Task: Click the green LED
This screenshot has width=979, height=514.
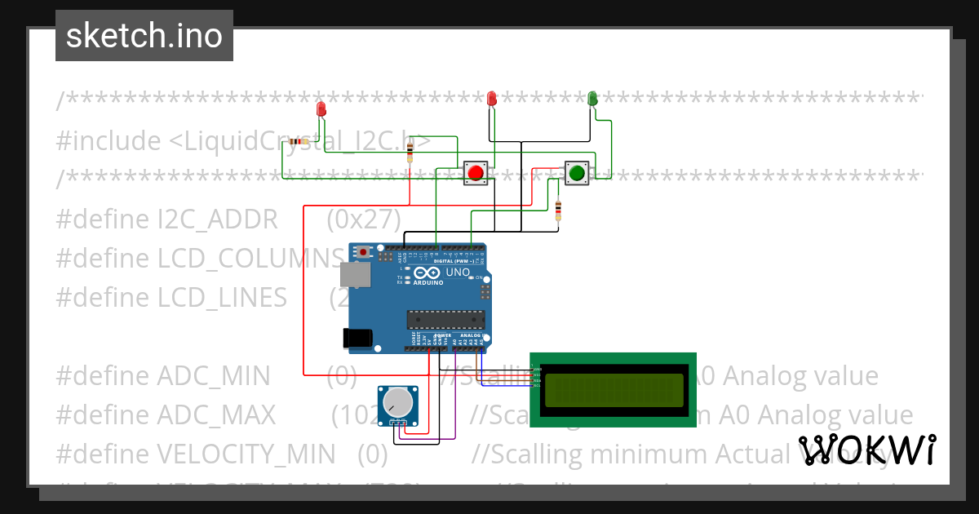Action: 592,99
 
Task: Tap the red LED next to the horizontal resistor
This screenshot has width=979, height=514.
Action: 321,109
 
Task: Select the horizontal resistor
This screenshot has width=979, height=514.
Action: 299,142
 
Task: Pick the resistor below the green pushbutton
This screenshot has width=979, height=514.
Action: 558,210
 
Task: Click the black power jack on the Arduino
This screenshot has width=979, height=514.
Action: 358,337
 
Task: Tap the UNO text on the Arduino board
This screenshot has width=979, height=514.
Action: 457,273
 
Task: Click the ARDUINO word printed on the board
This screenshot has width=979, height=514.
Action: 428,282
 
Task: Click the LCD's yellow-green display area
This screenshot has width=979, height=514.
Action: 614,390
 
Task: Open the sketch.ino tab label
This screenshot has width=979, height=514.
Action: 144,36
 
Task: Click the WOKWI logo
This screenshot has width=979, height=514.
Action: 866,450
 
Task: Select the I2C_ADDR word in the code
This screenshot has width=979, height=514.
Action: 217,219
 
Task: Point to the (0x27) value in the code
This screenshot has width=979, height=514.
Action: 364,219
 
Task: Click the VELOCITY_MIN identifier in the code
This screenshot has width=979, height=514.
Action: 246,453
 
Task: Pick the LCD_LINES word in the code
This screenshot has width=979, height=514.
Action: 222,298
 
